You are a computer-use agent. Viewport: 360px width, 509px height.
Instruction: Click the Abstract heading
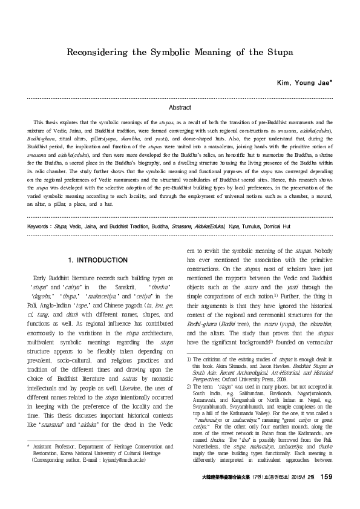click(x=180, y=107)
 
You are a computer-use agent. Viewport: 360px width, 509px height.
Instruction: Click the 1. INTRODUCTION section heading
click(x=98, y=260)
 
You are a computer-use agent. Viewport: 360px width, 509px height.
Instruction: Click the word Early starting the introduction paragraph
click(x=42, y=276)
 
